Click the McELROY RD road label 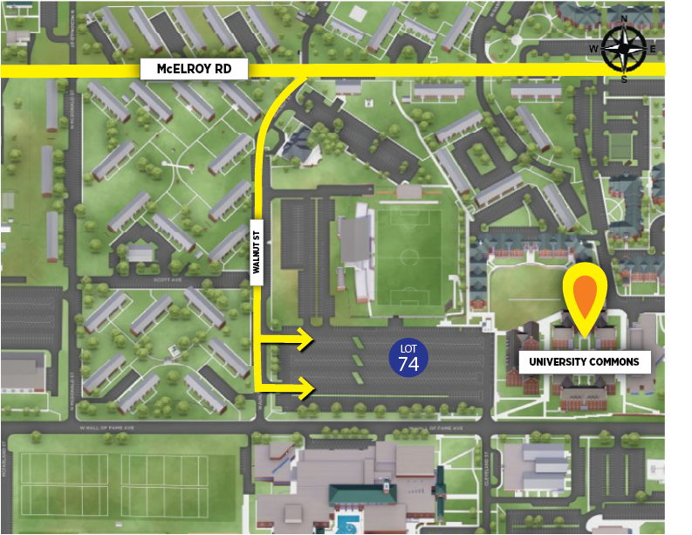195,69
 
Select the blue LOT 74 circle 408,357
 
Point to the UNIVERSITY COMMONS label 584,361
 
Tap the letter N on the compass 624,19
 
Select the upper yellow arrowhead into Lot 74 305,340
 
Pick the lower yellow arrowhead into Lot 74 305,387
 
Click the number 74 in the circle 408,363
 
